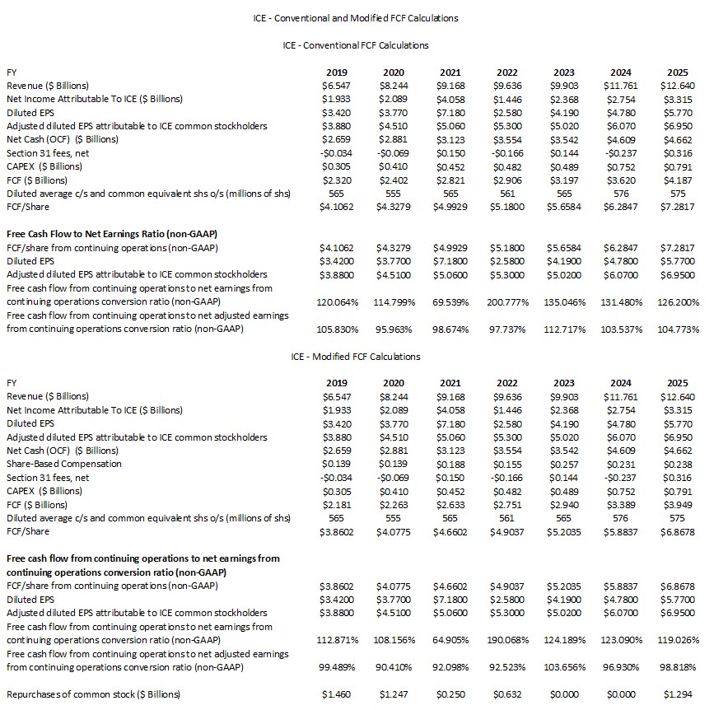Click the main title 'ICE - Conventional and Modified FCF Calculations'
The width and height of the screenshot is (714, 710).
[356, 17]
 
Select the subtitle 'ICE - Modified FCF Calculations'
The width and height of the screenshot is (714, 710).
[356, 356]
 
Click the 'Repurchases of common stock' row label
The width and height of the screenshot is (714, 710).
[93, 694]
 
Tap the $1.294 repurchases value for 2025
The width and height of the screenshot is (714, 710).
[677, 694]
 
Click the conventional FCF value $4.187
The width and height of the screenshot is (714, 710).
[677, 180]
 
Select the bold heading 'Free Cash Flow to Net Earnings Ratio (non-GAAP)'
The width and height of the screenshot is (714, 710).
[111, 233]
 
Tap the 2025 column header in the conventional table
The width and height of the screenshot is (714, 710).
[677, 72]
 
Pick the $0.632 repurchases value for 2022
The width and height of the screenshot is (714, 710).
[506, 694]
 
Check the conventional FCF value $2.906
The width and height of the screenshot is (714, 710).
[506, 180]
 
